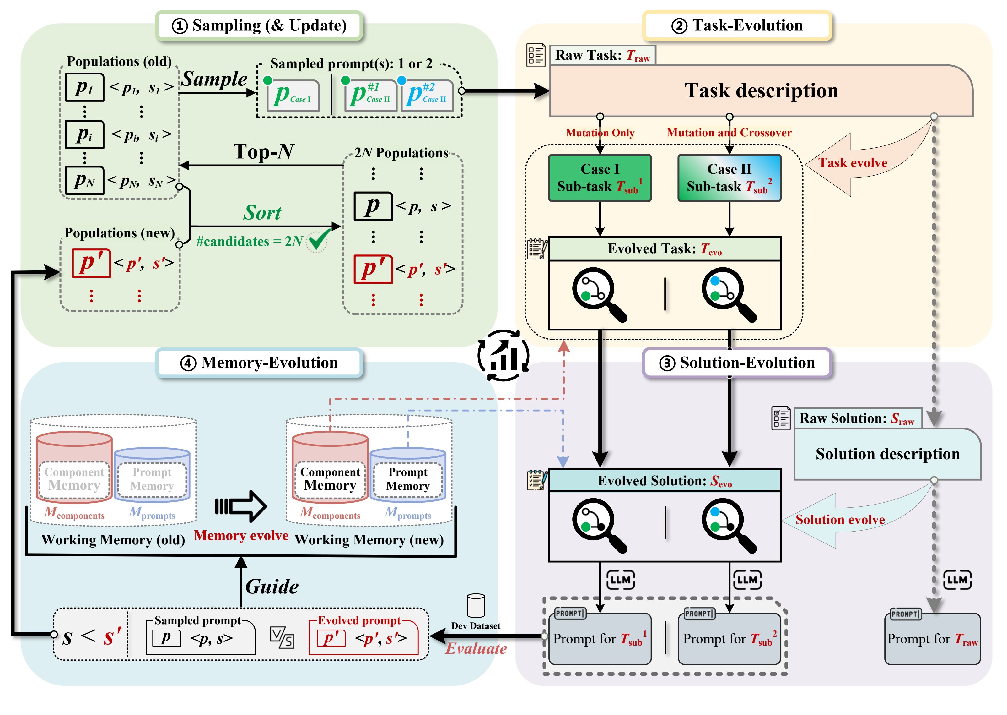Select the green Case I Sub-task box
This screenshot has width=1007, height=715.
[x=600, y=178]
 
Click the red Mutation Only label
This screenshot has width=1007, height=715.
[x=600, y=133]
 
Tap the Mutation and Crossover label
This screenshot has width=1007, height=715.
[x=729, y=133]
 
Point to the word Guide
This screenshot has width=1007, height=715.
[x=272, y=587]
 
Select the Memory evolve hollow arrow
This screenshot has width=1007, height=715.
[x=241, y=506]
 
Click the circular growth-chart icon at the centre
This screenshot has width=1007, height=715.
[x=503, y=355]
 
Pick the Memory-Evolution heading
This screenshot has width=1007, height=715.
[x=260, y=363]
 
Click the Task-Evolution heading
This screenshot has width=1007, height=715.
[x=737, y=25]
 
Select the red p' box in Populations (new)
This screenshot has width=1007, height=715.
[x=91, y=263]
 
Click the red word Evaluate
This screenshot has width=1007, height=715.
[x=476, y=648]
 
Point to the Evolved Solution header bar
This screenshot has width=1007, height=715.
[x=664, y=480]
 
